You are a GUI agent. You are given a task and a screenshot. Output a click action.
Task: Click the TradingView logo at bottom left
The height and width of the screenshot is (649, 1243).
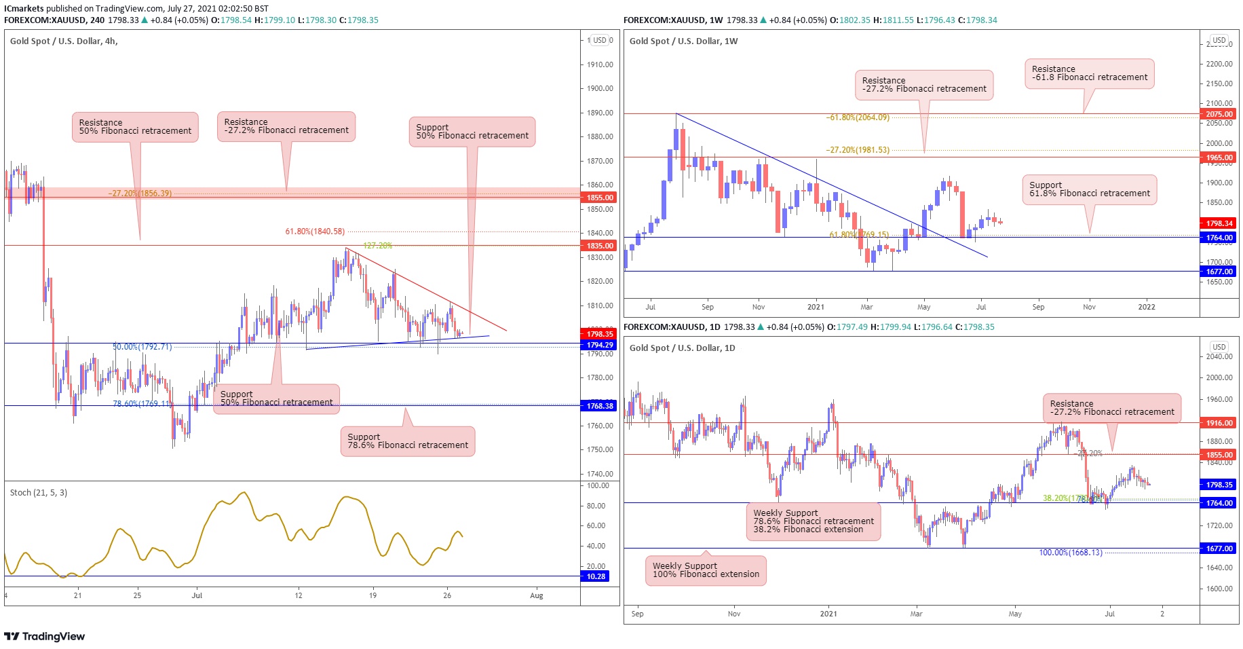tap(45, 636)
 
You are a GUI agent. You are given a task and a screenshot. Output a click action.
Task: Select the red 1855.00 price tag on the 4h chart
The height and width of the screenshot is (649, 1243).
tap(599, 198)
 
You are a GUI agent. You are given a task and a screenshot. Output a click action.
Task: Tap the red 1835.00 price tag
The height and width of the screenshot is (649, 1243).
tap(599, 246)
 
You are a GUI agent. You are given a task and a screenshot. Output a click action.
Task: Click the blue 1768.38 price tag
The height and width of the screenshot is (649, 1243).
tap(599, 406)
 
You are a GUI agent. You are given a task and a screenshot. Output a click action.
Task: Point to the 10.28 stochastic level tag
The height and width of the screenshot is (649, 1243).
tap(596, 576)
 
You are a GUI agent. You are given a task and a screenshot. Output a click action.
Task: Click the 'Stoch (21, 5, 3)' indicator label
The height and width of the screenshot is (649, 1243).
tap(39, 493)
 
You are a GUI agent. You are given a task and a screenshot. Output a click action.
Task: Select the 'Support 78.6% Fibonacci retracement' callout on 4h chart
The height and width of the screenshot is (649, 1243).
tap(408, 441)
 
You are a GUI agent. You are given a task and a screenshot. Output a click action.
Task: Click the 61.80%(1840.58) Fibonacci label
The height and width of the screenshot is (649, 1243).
tap(315, 231)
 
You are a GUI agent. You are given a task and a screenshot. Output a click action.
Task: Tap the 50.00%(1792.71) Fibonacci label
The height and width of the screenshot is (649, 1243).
tap(142, 347)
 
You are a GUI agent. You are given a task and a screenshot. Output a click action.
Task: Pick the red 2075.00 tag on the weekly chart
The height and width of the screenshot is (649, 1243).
tap(1219, 114)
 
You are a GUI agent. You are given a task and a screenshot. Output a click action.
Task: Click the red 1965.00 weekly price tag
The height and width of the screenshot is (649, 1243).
tap(1219, 157)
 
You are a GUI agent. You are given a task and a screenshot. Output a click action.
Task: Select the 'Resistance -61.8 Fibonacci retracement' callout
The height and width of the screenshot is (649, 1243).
tap(1089, 73)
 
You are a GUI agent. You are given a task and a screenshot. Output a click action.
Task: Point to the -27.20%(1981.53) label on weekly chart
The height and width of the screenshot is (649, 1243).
tap(857, 150)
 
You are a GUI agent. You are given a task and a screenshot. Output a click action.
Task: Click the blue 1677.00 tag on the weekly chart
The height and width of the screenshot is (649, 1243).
tap(1219, 272)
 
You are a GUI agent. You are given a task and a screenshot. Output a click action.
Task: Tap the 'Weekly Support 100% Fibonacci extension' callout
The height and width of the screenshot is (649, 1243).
tap(706, 570)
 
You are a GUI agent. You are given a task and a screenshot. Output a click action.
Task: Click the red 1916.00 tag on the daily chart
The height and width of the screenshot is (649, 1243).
tap(1219, 423)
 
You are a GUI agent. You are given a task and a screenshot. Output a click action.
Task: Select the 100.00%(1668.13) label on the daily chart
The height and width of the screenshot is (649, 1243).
tap(1070, 553)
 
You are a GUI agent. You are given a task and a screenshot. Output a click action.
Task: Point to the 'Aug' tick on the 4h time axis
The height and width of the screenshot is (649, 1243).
tap(537, 596)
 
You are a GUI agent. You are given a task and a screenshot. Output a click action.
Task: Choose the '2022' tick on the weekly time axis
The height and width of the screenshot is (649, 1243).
tap(1146, 307)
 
